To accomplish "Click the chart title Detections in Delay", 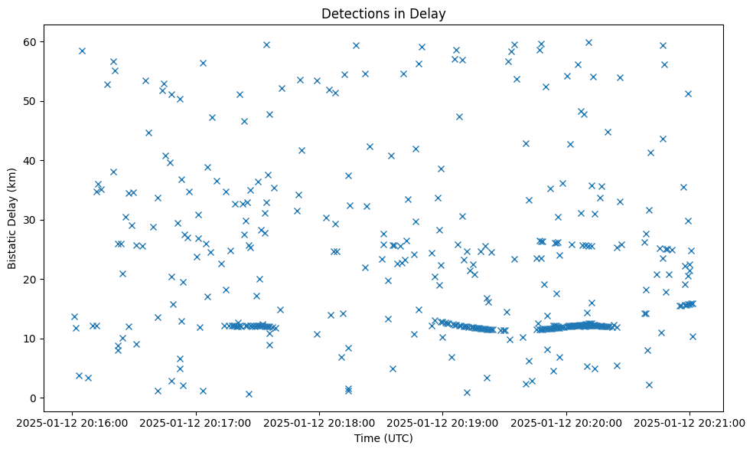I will tap(383, 14).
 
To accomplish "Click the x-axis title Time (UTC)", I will tap(383, 438).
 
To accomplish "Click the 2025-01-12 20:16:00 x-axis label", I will tap(73, 422).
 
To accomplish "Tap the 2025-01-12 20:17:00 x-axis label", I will tap(196, 422).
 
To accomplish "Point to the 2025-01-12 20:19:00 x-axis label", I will tap(443, 422).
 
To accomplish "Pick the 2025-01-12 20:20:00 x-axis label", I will tap(566, 422).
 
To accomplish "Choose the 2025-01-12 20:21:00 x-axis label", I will tap(689, 422).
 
